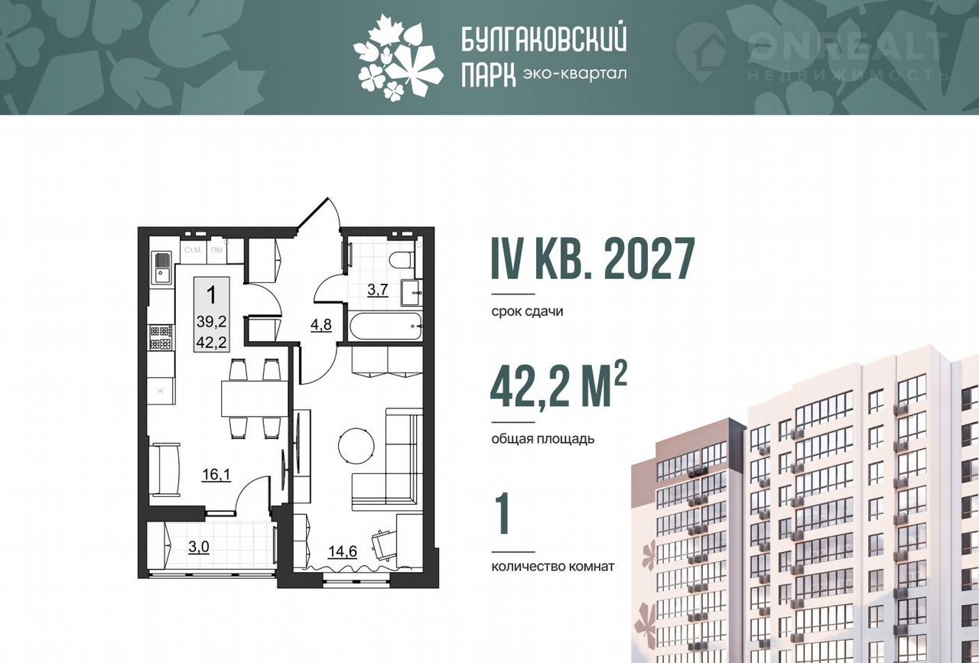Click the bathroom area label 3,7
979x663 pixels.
tap(378, 290)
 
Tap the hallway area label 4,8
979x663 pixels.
tap(320, 325)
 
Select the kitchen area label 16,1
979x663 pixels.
tap(216, 474)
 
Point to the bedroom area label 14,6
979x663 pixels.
tap(343, 551)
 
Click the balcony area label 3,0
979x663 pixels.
tap(199, 547)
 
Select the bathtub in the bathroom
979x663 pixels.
tap(385, 325)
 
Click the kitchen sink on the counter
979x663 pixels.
tap(162, 268)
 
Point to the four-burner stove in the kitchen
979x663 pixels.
tap(161, 337)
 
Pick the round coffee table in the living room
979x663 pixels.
tap(356, 447)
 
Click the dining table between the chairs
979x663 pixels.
tap(255, 398)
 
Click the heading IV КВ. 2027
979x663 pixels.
tap(593, 259)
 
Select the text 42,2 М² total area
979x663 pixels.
tap(559, 386)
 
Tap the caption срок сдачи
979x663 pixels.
tap(527, 311)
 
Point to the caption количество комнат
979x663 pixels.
tap(553, 567)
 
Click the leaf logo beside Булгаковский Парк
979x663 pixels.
tap(398, 57)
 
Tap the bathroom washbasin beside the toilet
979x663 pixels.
tap(411, 292)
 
